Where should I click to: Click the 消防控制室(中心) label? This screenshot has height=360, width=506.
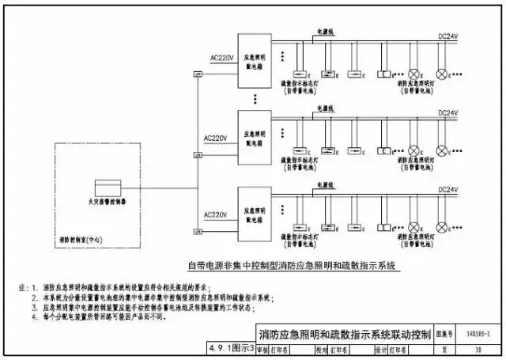coord(82,238)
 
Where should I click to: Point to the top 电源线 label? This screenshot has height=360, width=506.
coord(326,30)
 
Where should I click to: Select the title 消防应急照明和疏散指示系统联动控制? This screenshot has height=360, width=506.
coord(345,333)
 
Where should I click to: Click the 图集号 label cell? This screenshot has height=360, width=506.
coord(447,334)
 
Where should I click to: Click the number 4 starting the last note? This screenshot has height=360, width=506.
coord(33,316)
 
